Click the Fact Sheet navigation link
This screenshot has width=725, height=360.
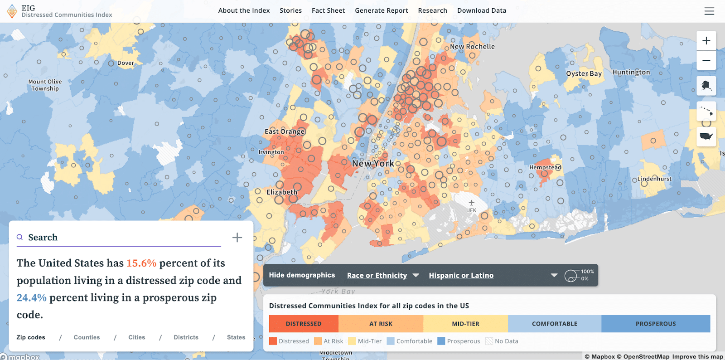pyautogui.click(x=328, y=10)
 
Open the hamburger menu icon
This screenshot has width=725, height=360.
pyautogui.click(x=709, y=11)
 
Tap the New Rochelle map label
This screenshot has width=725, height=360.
pyautogui.click(x=472, y=47)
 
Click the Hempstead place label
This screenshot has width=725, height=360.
pyautogui.click(x=545, y=167)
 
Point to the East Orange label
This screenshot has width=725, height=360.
pyautogui.click(x=285, y=131)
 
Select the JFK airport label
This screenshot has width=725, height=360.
pyautogui.click(x=472, y=210)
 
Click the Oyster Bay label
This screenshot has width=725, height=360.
pyautogui.click(x=584, y=73)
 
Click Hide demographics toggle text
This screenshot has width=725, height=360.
pyautogui.click(x=302, y=275)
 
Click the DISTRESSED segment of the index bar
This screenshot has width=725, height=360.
pyautogui.click(x=304, y=324)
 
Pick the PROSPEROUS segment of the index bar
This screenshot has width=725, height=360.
pyautogui.click(x=655, y=324)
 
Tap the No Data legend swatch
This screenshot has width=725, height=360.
pyautogui.click(x=489, y=341)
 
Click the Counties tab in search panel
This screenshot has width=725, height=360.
pyautogui.click(x=87, y=337)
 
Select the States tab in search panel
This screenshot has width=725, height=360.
pyautogui.click(x=236, y=337)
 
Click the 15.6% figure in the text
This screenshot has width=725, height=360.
pyautogui.click(x=141, y=263)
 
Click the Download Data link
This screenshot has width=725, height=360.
pyautogui.click(x=482, y=10)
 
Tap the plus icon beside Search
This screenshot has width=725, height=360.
pyautogui.click(x=237, y=238)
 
